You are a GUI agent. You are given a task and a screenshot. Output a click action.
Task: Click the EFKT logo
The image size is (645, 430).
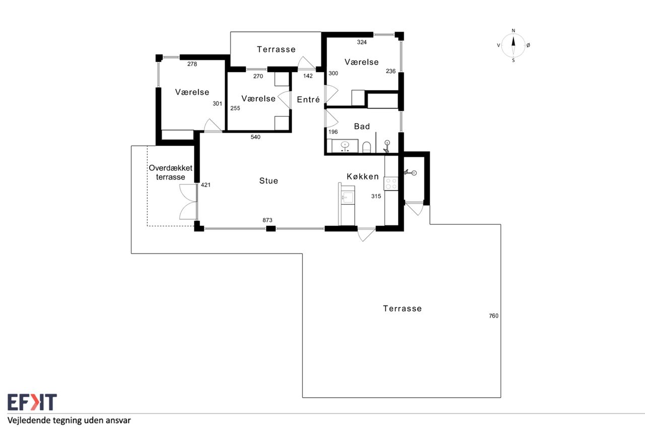[x=32, y=402]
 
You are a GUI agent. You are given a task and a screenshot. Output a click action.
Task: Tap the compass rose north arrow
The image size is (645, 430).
[x=513, y=41]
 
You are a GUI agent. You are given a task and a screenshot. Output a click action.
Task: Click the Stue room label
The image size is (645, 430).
[x=269, y=180]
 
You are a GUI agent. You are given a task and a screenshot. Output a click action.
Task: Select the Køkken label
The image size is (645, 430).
[x=362, y=176]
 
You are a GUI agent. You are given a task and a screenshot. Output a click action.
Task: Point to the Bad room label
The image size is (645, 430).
[x=362, y=126]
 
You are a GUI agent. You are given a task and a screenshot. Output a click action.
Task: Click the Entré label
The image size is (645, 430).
[x=308, y=99]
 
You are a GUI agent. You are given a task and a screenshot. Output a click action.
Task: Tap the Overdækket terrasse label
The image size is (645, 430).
[x=170, y=172]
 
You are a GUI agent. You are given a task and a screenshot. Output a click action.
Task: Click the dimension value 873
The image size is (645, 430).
[x=267, y=220]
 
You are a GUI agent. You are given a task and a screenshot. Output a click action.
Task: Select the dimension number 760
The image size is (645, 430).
[x=493, y=316]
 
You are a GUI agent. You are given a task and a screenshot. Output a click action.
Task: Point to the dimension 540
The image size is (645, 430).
[x=255, y=137]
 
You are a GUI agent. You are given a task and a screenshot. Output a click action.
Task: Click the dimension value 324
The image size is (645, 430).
[x=362, y=42]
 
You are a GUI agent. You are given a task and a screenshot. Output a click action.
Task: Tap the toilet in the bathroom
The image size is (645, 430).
[x=366, y=147]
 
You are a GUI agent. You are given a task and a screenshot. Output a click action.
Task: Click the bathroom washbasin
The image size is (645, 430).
[x=345, y=146]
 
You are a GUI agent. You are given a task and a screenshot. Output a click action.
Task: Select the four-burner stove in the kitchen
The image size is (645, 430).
[x=391, y=184]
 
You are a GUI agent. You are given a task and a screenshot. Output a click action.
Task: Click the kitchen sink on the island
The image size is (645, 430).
[x=348, y=198]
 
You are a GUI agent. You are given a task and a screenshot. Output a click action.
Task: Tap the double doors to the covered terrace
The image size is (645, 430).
[x=188, y=202]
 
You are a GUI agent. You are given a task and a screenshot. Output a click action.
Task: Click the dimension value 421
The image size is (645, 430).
[x=206, y=185]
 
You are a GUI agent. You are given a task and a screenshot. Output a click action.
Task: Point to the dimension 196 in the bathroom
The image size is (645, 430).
[x=333, y=132]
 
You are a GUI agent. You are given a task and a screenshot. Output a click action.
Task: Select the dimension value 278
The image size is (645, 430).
[x=192, y=64]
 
